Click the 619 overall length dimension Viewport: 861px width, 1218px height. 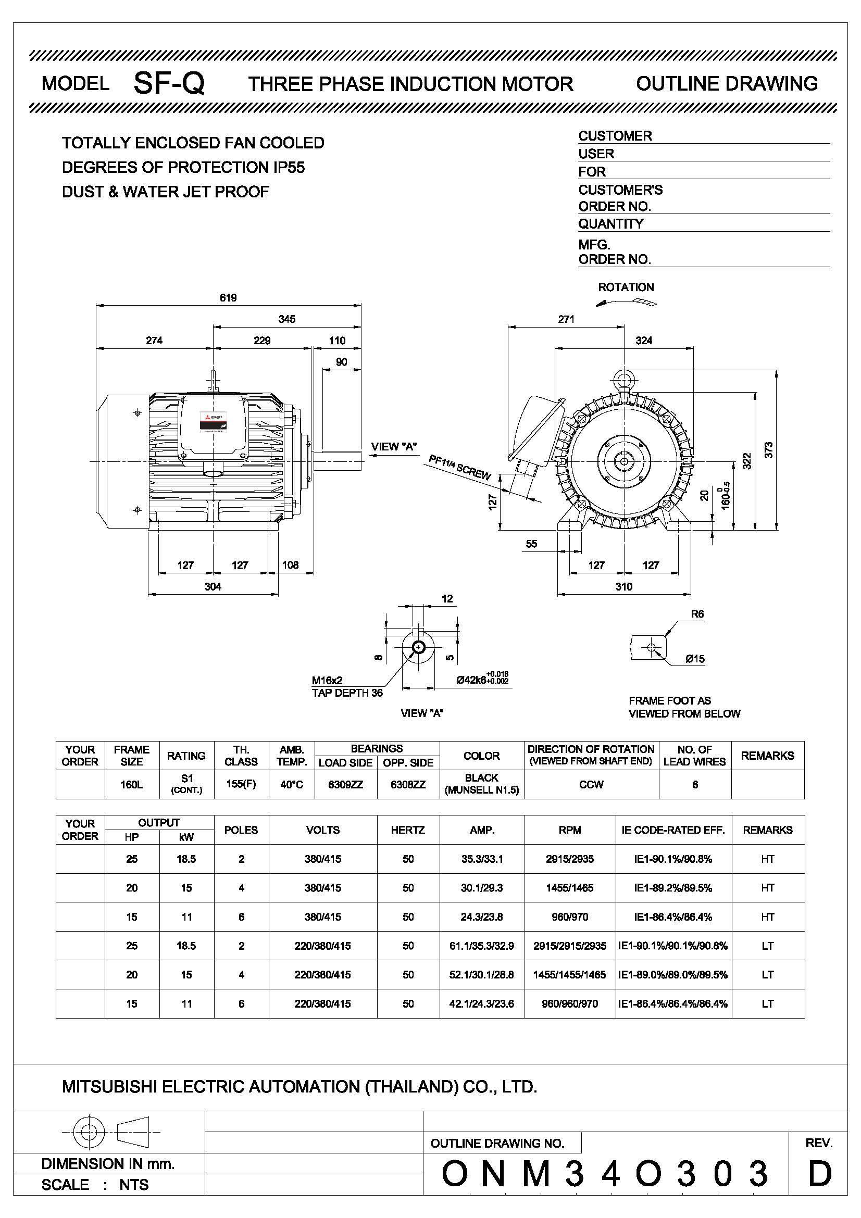[228, 298]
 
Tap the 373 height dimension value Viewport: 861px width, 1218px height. [769, 450]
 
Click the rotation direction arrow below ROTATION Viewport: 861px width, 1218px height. [626, 303]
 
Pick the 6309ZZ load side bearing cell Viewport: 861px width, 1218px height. [345, 785]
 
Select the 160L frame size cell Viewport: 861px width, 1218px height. [132, 785]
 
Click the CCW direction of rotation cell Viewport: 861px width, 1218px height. [591, 785]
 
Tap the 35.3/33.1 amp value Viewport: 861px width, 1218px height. [482, 859]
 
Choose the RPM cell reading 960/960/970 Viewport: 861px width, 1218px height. [569, 1003]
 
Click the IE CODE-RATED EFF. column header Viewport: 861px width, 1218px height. [673, 830]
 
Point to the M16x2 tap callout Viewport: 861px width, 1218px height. [327, 680]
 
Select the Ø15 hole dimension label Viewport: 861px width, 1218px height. [695, 659]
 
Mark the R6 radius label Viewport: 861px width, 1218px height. [697, 614]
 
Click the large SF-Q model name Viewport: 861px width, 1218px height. [169, 83]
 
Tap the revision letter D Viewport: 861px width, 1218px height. [820, 1173]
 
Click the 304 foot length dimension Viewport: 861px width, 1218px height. [213, 586]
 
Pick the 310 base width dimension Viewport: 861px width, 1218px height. [624, 586]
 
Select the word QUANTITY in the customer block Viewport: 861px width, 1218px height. [610, 224]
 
